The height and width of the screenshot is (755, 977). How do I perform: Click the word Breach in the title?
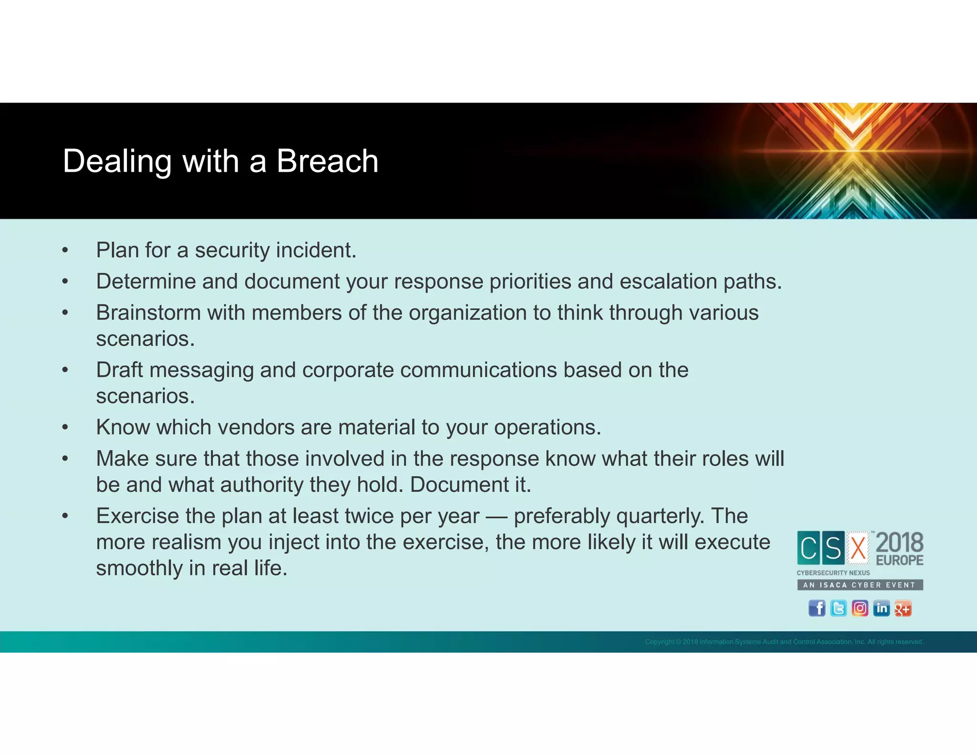(327, 161)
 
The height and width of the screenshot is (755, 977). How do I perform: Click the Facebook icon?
(817, 608)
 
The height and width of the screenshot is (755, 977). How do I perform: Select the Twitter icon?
(838, 608)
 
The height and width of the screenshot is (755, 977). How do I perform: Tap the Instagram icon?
(860, 608)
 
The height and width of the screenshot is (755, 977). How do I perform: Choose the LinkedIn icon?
(881, 608)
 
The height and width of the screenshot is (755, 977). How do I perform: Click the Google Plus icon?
(903, 608)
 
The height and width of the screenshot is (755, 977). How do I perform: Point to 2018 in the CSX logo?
(899, 543)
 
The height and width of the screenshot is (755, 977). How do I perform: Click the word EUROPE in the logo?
(899, 560)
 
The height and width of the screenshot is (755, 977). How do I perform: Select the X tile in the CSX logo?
(858, 548)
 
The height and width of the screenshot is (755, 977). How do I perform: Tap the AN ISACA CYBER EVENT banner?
(860, 585)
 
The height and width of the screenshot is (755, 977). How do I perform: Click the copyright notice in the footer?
(784, 642)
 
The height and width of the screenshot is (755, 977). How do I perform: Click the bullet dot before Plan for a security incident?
(65, 251)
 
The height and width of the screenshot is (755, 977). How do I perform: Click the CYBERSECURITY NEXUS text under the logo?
(833, 573)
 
